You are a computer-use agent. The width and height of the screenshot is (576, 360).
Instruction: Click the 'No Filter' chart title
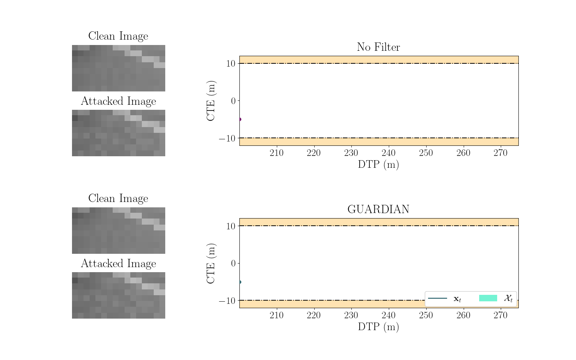pyautogui.click(x=378, y=47)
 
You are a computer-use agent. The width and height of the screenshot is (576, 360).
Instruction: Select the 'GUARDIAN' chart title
pyautogui.click(x=378, y=210)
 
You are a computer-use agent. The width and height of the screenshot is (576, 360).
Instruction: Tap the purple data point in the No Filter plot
pyautogui.click(x=240, y=119)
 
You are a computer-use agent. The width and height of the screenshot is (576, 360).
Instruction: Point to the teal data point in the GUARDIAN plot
pyautogui.click(x=240, y=282)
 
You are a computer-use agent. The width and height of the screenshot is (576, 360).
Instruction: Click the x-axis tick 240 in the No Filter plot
pyautogui.click(x=388, y=153)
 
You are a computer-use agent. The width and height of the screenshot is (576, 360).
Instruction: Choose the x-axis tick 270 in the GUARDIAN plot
pyautogui.click(x=500, y=315)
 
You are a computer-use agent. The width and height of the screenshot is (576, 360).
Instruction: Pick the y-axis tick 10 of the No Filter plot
pyautogui.click(x=230, y=64)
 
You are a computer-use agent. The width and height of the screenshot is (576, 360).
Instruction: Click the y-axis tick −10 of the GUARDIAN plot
pyautogui.click(x=227, y=301)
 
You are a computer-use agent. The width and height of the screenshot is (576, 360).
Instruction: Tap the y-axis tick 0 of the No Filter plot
pyautogui.click(x=233, y=101)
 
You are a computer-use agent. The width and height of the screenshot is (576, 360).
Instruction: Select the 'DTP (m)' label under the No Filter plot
pyautogui.click(x=378, y=165)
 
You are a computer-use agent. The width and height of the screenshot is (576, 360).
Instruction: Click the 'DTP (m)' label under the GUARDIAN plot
pyautogui.click(x=378, y=327)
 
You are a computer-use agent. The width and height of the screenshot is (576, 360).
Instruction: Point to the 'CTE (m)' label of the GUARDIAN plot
pyautogui.click(x=211, y=263)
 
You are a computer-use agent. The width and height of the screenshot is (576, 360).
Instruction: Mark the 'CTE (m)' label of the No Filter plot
pyautogui.click(x=211, y=101)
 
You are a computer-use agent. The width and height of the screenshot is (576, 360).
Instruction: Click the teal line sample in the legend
pyautogui.click(x=437, y=298)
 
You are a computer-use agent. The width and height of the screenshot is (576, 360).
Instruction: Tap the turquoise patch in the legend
pyautogui.click(x=488, y=298)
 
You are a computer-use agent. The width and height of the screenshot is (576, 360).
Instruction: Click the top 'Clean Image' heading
pyautogui.click(x=118, y=36)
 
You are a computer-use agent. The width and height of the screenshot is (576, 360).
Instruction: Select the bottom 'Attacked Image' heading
pyautogui.click(x=118, y=264)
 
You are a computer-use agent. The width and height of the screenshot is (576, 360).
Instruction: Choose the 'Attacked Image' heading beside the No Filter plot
pyautogui.click(x=118, y=101)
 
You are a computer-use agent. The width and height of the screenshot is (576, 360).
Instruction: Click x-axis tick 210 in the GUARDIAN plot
pyautogui.click(x=276, y=315)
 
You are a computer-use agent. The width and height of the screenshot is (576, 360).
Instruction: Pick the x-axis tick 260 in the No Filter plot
pyautogui.click(x=463, y=153)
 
